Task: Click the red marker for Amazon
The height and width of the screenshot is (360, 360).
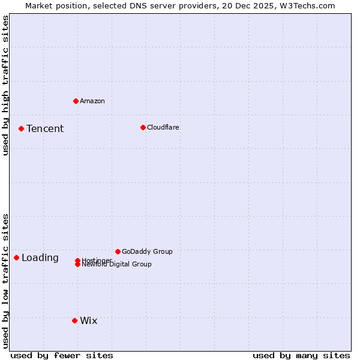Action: [x=76, y=101]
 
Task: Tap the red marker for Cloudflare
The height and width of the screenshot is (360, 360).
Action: [x=143, y=127]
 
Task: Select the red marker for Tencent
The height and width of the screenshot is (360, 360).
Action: [x=21, y=128]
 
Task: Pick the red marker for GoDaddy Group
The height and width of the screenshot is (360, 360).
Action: [x=118, y=251]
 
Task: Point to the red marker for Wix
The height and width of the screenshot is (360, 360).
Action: [x=74, y=320]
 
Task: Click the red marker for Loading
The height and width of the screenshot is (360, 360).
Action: [x=16, y=257]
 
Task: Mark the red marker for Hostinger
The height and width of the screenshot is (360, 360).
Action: [x=77, y=260]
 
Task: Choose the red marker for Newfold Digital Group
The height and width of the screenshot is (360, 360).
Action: [x=77, y=265]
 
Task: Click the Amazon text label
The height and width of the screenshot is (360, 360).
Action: [x=92, y=101]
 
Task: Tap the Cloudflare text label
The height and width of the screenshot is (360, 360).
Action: [x=163, y=127]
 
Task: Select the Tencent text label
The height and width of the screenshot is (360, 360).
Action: [x=45, y=128]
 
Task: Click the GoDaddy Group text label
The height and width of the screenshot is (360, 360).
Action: [x=147, y=251]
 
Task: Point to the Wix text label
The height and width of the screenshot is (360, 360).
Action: [x=88, y=320]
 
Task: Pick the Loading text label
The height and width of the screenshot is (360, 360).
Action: [x=40, y=257]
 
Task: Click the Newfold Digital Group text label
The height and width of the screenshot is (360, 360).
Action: [x=117, y=265]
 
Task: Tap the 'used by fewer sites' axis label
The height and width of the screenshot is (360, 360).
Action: [x=62, y=355]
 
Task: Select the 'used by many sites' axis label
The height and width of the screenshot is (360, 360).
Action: [x=301, y=355]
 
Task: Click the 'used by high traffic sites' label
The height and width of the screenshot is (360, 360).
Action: [x=5, y=85]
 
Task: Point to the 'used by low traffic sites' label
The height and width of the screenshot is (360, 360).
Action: [x=5, y=280]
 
